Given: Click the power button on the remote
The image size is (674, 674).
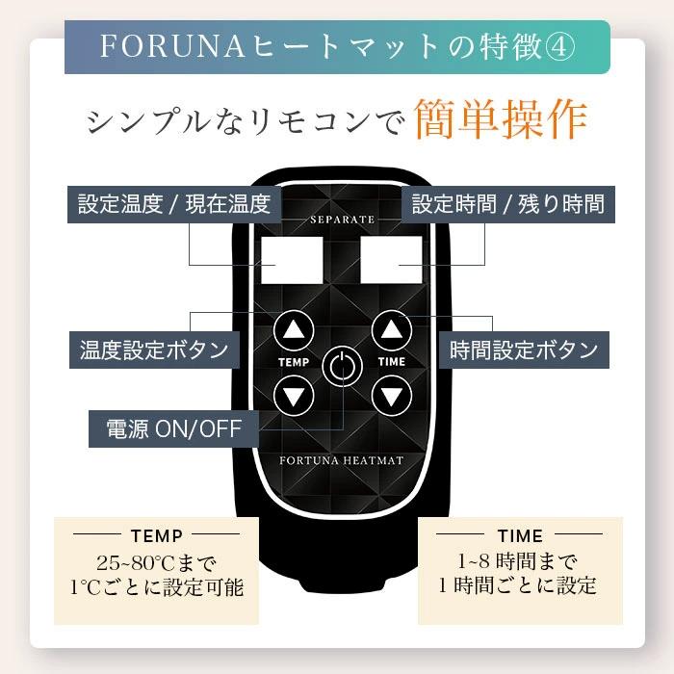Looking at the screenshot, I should [x=341, y=367].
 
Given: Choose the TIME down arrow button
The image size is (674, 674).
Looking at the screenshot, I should [x=390, y=394].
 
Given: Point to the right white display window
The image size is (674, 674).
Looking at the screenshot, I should [x=391, y=259].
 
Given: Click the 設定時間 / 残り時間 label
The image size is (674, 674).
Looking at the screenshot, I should [x=507, y=204].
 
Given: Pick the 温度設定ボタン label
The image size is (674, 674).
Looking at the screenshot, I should [x=153, y=349].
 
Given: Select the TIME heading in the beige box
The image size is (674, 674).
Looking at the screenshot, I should [x=520, y=535].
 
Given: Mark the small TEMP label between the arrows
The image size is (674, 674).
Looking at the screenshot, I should [x=294, y=363].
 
